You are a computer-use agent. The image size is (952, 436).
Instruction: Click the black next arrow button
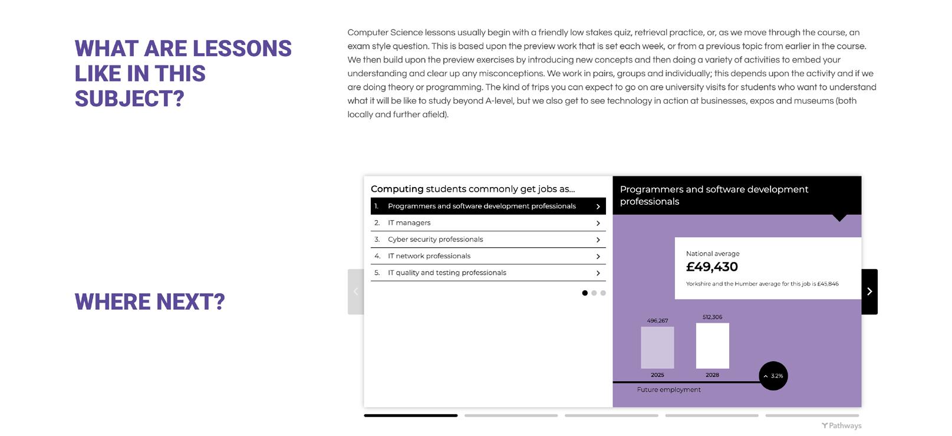(869, 291)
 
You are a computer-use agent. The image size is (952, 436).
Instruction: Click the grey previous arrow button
(355, 291)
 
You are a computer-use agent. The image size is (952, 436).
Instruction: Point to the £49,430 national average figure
(712, 267)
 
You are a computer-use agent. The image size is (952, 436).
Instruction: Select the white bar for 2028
(712, 346)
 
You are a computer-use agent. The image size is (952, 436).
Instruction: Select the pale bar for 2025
(657, 348)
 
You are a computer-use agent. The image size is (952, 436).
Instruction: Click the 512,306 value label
(712, 317)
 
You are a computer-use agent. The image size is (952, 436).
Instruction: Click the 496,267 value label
(657, 321)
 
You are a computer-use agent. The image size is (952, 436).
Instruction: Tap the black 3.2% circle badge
(773, 376)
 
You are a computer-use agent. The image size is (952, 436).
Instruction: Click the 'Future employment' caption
(668, 390)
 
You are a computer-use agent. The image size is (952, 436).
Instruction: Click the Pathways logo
(841, 425)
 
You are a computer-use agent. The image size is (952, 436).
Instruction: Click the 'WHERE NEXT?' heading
(150, 302)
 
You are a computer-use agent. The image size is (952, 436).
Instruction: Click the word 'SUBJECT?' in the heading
(130, 99)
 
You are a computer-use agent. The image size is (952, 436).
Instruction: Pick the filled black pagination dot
(585, 293)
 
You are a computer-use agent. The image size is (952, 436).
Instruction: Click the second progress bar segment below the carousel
(511, 415)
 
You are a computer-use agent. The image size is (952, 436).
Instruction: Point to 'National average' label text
(713, 254)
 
